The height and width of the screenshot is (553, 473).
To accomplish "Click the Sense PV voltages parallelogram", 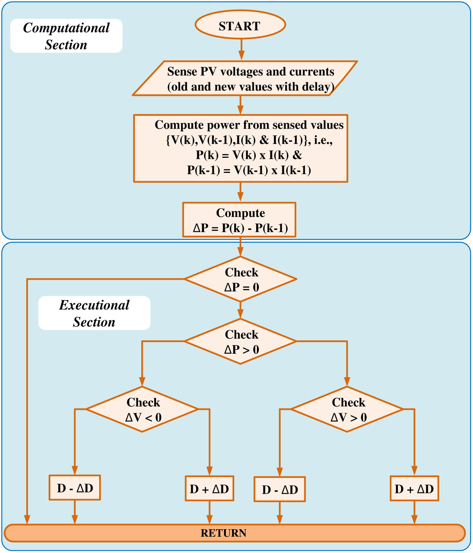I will (x=245, y=79).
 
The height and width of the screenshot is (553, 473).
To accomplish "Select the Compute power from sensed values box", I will (x=241, y=148).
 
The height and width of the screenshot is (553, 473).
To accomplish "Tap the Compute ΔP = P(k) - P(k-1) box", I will (x=239, y=220).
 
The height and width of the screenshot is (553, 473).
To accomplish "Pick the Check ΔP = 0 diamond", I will (x=241, y=279).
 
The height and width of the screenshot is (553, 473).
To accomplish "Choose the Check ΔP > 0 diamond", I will (x=241, y=342).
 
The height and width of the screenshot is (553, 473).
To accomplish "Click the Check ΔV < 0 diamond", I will (x=142, y=409).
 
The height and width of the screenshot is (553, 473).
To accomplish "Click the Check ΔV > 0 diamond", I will (x=347, y=409).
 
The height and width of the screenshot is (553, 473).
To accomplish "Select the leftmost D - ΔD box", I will (x=75, y=488).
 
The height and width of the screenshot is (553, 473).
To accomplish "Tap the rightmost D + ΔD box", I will (x=414, y=488).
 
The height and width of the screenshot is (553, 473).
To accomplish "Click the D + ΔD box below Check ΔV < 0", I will (x=209, y=488).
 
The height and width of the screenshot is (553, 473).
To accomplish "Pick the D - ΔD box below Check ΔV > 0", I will (x=280, y=489).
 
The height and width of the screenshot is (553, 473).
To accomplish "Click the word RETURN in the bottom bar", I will (x=223, y=533).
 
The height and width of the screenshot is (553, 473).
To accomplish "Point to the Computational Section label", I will (x=66, y=36).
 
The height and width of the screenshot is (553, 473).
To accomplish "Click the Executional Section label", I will (x=94, y=313).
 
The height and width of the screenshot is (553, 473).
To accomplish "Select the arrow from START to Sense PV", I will (x=241, y=49).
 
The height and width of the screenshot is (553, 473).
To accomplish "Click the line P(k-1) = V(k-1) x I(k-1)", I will (x=249, y=170).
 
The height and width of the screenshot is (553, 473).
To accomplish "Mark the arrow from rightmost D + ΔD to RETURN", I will (x=414, y=513).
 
